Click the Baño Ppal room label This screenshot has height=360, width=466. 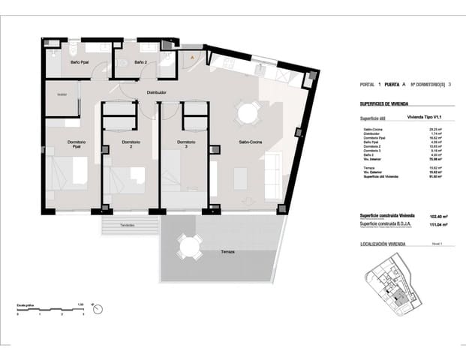[80, 62]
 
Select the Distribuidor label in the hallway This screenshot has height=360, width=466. [155, 92]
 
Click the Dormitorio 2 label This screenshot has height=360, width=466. [131, 145]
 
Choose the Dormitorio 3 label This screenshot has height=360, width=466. [186, 145]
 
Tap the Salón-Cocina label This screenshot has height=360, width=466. [250, 142]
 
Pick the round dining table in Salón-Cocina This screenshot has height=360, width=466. [246, 115]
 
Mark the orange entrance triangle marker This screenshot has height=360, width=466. [193, 56]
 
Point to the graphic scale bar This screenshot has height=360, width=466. [49, 310]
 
